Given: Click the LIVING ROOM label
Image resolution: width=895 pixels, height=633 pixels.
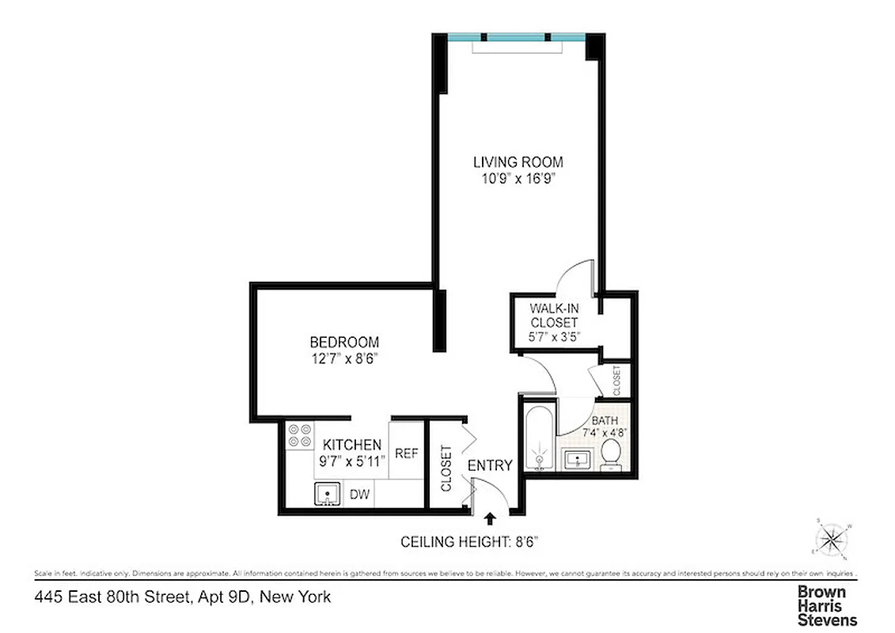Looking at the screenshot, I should coord(518,162).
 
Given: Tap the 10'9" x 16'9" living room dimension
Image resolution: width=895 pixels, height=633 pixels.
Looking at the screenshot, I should coord(518,179).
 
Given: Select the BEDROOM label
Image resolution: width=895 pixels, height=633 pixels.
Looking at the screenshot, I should coord(343,343).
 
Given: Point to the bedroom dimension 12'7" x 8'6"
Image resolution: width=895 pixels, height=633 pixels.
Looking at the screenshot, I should coord(343,358).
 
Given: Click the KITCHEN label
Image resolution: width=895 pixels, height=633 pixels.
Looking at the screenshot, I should coord(352,445).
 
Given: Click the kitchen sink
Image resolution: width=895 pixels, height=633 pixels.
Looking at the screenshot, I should coord(326,495).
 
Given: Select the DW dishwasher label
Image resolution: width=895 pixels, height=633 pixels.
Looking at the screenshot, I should coord(360,495).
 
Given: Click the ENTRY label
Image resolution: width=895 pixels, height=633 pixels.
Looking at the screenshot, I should coord(490,465).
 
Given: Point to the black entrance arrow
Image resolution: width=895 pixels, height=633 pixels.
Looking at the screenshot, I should coord(490,519).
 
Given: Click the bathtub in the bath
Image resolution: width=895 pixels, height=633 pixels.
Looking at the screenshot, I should coord(538,439).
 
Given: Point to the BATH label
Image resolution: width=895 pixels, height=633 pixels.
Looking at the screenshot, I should coord(605,421).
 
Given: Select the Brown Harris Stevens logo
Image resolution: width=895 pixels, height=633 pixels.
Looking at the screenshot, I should coord(826,605).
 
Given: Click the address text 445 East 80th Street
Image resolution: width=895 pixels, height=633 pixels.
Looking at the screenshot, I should coord(182,597).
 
